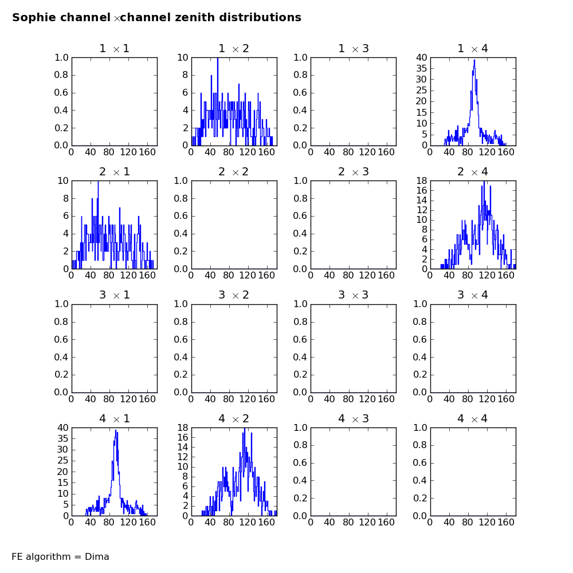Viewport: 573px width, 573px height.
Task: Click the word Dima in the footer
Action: pos(97,556)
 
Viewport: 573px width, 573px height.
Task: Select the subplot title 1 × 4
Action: pos(473,49)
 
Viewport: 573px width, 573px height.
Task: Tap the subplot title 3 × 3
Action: pos(354,295)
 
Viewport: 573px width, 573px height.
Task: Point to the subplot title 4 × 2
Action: pos(234,418)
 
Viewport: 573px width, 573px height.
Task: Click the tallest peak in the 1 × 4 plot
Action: pos(474,60)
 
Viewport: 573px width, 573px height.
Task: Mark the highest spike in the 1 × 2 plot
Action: pos(218,58)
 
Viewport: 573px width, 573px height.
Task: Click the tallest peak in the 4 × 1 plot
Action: pos(116,430)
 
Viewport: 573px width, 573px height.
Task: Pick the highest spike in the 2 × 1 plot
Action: pos(98,182)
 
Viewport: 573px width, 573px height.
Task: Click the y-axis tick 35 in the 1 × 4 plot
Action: pos(421,68)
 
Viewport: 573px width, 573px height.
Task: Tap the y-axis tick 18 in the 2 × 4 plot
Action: pos(422,180)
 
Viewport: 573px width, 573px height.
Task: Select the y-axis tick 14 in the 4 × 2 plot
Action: pos(183,448)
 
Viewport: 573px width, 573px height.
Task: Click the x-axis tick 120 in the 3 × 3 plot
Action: pos(367,399)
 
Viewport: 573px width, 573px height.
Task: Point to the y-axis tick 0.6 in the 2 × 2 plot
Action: pos(180,216)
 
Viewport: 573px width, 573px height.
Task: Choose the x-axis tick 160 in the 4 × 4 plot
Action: pos(506,523)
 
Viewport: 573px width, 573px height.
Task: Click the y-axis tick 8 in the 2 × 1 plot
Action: pos(66,198)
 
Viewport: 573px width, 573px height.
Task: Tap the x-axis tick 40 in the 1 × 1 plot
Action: pos(91,152)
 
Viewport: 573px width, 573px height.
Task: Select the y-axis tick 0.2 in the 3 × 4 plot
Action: pos(419,375)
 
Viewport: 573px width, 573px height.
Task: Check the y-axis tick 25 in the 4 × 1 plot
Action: pos(63,461)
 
